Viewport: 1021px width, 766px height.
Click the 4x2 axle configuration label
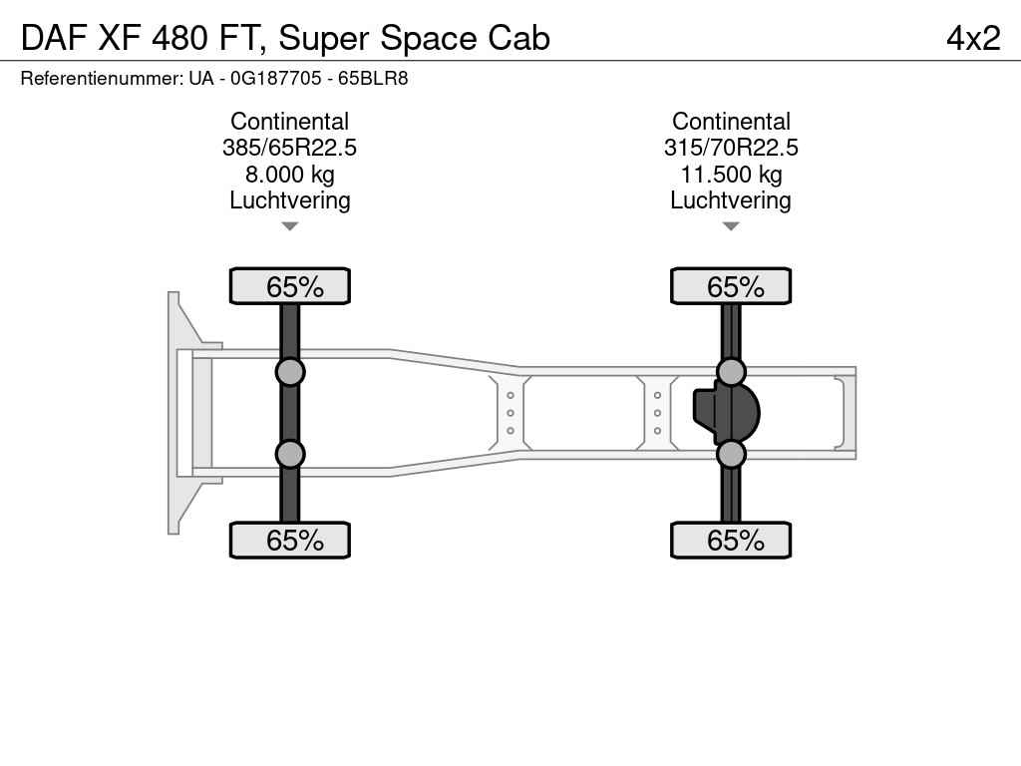click(973, 38)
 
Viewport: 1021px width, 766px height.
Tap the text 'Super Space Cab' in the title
click(414, 39)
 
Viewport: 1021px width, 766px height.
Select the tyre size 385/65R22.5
click(289, 148)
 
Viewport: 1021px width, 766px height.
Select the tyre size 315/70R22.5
click(731, 148)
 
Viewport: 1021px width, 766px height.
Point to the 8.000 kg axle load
click(290, 175)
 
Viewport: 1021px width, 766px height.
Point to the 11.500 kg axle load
click(731, 175)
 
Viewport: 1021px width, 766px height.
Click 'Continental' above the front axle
click(290, 121)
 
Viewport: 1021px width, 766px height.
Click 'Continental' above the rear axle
click(731, 121)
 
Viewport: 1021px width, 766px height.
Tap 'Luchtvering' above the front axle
click(290, 200)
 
